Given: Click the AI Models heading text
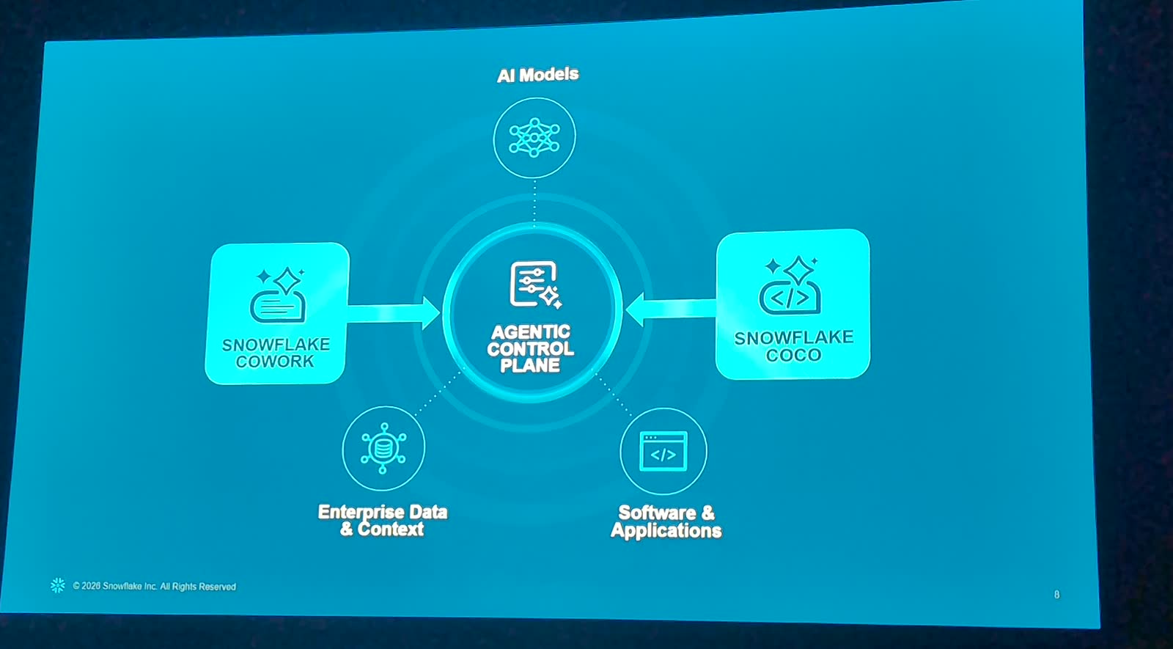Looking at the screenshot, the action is point(538,75).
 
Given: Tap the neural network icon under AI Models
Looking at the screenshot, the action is point(534,137).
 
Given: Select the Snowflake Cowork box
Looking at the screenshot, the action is point(276,313).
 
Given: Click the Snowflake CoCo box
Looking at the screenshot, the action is point(793,304).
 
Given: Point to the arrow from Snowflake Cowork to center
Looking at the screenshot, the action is point(394,313).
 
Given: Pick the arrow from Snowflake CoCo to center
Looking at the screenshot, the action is point(671,309).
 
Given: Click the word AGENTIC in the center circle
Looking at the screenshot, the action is point(531,332).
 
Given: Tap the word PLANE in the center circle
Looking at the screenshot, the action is point(530,365).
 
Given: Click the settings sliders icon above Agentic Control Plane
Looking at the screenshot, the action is point(535,285).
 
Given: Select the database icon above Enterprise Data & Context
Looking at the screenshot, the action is point(383,448).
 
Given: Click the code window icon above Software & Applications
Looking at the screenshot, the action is point(663,451).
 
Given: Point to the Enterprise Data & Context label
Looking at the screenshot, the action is point(383,520).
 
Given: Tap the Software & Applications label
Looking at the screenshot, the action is point(666,521).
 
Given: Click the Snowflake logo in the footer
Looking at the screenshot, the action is point(58,585).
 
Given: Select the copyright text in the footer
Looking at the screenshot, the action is point(155,586).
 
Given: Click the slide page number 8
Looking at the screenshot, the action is point(1056,595).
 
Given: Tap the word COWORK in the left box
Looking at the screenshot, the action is point(275,362).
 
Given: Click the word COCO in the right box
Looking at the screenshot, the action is point(793,355).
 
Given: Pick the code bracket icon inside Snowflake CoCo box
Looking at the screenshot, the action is point(790,285).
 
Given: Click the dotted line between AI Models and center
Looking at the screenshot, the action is point(534,202).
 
